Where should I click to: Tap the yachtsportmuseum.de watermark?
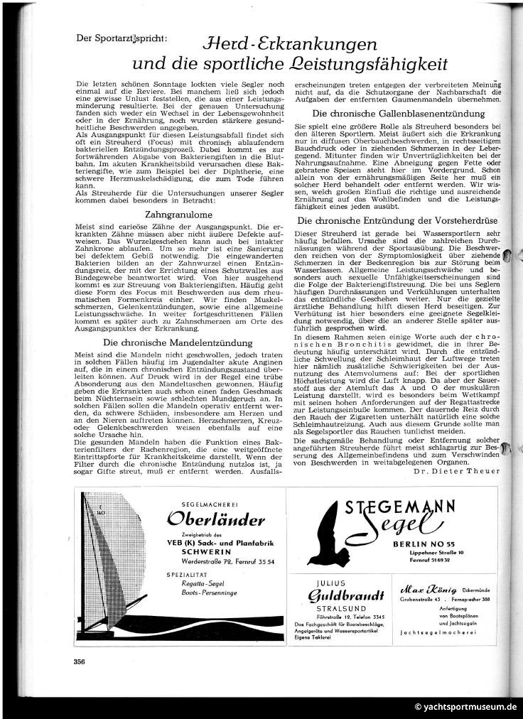[x=468, y=707]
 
